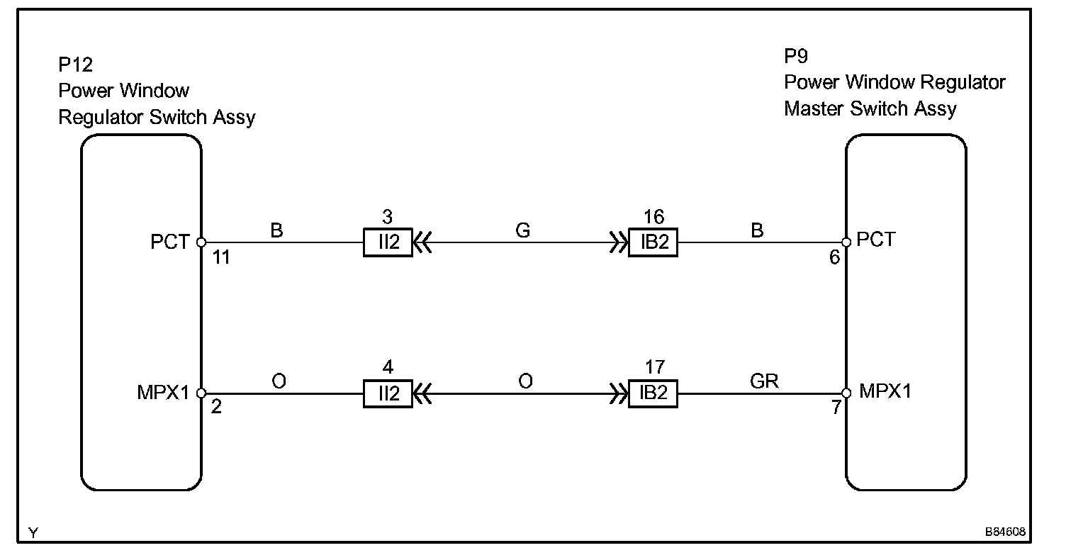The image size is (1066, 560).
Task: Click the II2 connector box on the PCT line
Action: [388, 242]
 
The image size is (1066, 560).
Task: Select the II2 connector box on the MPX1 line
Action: [388, 393]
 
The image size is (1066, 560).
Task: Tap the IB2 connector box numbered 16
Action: [653, 242]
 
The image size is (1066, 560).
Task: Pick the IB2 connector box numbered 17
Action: [653, 393]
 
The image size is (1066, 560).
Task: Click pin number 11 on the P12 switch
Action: [222, 258]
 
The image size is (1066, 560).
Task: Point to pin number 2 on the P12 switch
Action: [216, 409]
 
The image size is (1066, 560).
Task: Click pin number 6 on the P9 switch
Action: [834, 258]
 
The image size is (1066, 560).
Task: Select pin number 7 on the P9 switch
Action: [836, 409]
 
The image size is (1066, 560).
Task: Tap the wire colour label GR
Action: [764, 382]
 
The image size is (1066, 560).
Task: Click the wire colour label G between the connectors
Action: [523, 231]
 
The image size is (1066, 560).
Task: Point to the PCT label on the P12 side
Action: [170, 242]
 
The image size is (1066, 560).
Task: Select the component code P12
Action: [75, 65]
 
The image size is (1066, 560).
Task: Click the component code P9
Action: [796, 57]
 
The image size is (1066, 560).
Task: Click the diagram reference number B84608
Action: [1004, 531]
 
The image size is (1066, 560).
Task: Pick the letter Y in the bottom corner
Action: [33, 532]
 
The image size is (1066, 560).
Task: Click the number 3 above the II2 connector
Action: [388, 217]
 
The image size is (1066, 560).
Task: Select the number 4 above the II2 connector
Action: [388, 368]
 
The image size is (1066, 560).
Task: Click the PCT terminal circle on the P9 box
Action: [846, 242]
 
